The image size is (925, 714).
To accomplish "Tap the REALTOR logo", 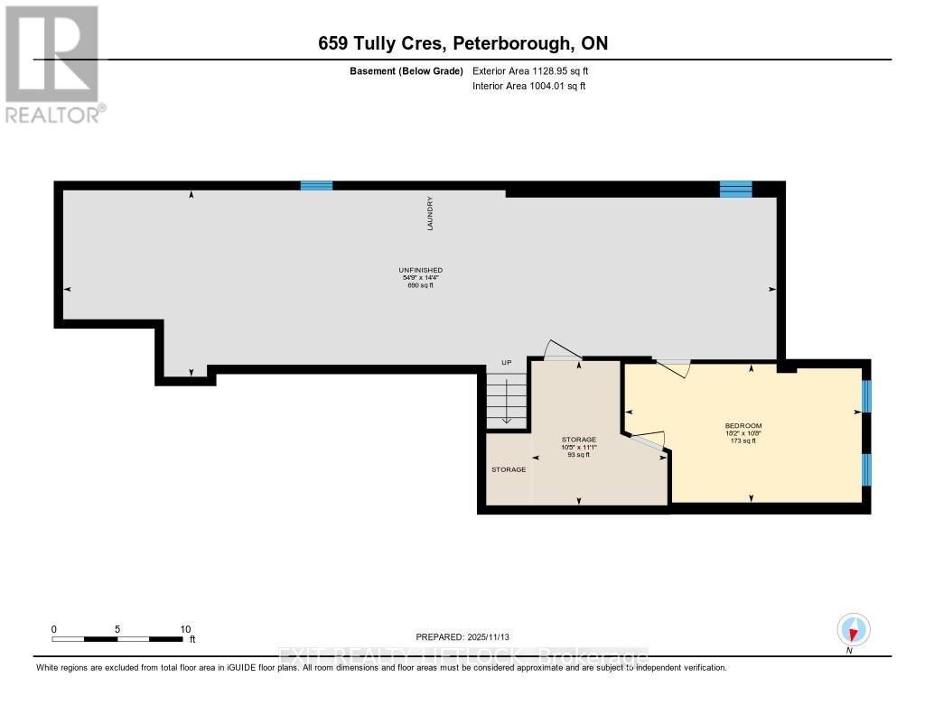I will click(x=51, y=64).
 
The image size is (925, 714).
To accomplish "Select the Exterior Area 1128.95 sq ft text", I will click(x=530, y=70).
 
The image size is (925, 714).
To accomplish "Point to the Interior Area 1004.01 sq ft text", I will click(x=528, y=86).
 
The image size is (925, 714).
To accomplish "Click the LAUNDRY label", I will click(x=431, y=215).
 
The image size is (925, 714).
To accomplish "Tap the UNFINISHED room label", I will click(x=420, y=270).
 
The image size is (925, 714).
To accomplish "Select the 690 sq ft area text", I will click(x=420, y=286).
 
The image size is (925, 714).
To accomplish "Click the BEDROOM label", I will click(x=743, y=426).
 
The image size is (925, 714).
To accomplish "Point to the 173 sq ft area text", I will click(x=743, y=441).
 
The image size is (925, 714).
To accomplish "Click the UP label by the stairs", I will click(x=506, y=363).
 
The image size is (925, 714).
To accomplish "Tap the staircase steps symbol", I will click(x=506, y=402).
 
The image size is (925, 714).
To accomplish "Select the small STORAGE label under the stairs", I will click(x=509, y=469).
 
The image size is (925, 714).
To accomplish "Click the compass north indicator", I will click(x=853, y=629).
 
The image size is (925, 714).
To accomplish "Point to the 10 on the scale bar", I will click(x=185, y=629).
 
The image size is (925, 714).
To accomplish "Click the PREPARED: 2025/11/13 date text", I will click(x=469, y=636).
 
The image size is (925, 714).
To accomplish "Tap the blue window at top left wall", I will click(x=316, y=186).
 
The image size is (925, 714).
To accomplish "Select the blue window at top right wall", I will click(x=735, y=189).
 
